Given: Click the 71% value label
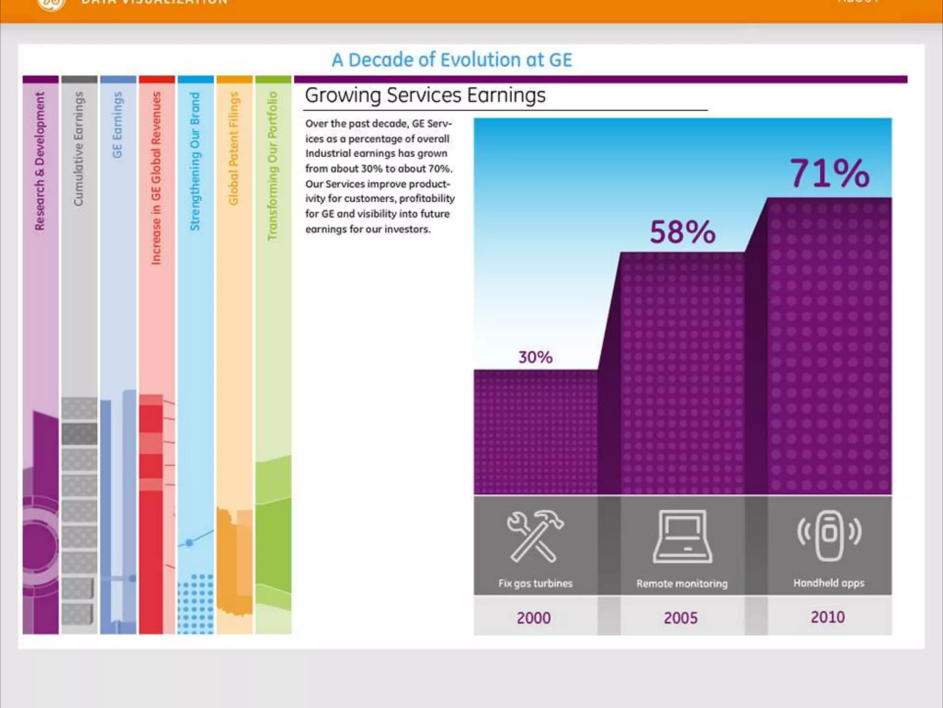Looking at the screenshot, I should (x=830, y=173).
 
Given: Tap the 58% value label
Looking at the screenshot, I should (x=682, y=232).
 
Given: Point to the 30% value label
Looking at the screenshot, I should (x=535, y=357).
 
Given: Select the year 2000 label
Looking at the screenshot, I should (x=534, y=618).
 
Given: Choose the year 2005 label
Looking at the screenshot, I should (x=681, y=618).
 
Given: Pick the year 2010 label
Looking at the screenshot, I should (x=828, y=617).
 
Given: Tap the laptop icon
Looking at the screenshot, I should (x=682, y=537).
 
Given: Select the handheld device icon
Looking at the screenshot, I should (x=829, y=536).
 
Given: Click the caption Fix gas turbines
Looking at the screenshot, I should (x=535, y=583).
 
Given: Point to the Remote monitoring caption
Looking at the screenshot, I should (x=682, y=584).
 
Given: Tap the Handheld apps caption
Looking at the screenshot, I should (x=829, y=583).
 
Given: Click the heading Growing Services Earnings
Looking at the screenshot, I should (x=425, y=95).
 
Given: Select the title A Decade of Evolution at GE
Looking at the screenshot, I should (x=452, y=60).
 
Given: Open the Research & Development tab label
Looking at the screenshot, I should (x=40, y=161).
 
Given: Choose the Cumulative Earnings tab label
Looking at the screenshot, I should (x=79, y=148).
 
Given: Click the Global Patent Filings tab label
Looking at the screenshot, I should (x=234, y=148).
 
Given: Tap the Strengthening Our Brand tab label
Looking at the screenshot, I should (x=195, y=161).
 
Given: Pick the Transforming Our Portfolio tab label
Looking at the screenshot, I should (x=273, y=166).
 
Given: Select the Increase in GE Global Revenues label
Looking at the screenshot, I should (x=157, y=178).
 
